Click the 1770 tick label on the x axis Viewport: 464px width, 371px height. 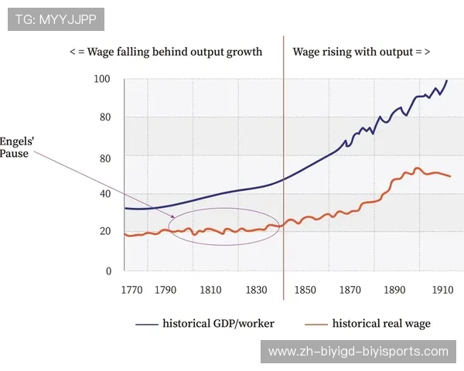coord(132,291)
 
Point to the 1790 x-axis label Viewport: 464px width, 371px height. coord(165,291)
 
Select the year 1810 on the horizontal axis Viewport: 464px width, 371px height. coord(210,291)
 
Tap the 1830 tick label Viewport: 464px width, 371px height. coord(256,291)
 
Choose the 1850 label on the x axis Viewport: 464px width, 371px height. coord(305,291)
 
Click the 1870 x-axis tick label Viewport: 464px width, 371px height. coord(350,291)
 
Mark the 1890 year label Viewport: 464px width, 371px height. coord(396,291)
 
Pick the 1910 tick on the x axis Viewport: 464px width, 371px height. coord(442,291)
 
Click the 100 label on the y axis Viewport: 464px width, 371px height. coord(102,79)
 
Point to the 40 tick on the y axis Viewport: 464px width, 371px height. coord(105,195)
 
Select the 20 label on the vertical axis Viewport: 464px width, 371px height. coord(105,231)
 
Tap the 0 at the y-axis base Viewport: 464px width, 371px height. coord(108,271)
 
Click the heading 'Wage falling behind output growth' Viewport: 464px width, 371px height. coord(166,52)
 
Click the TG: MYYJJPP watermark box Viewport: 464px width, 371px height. coord(56,19)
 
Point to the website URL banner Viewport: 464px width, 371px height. coord(358,351)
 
